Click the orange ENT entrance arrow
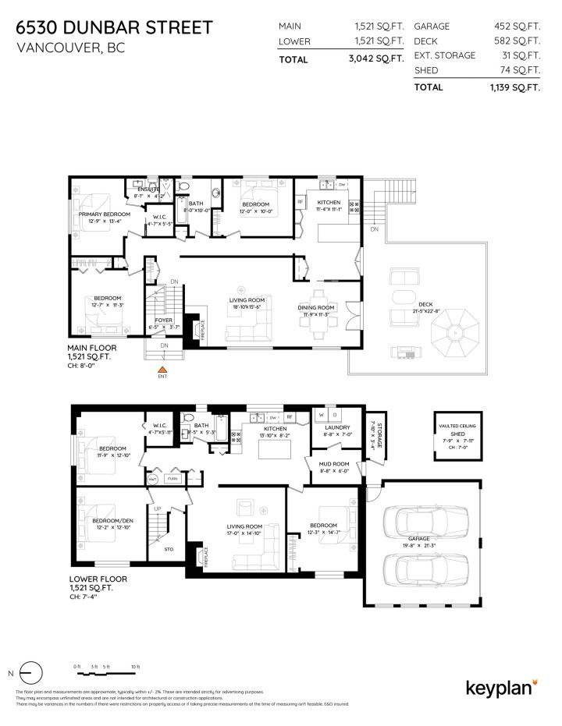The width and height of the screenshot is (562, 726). coord(163,369)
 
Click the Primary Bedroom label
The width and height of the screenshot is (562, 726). coord(104,214)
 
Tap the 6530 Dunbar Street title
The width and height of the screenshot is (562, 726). coord(113,28)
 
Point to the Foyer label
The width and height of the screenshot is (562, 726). coord(163,320)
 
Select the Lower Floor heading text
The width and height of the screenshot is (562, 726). coord(98,579)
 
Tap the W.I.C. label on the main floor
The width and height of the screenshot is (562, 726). coord(159,218)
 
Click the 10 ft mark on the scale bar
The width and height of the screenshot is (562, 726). coord(135,667)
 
